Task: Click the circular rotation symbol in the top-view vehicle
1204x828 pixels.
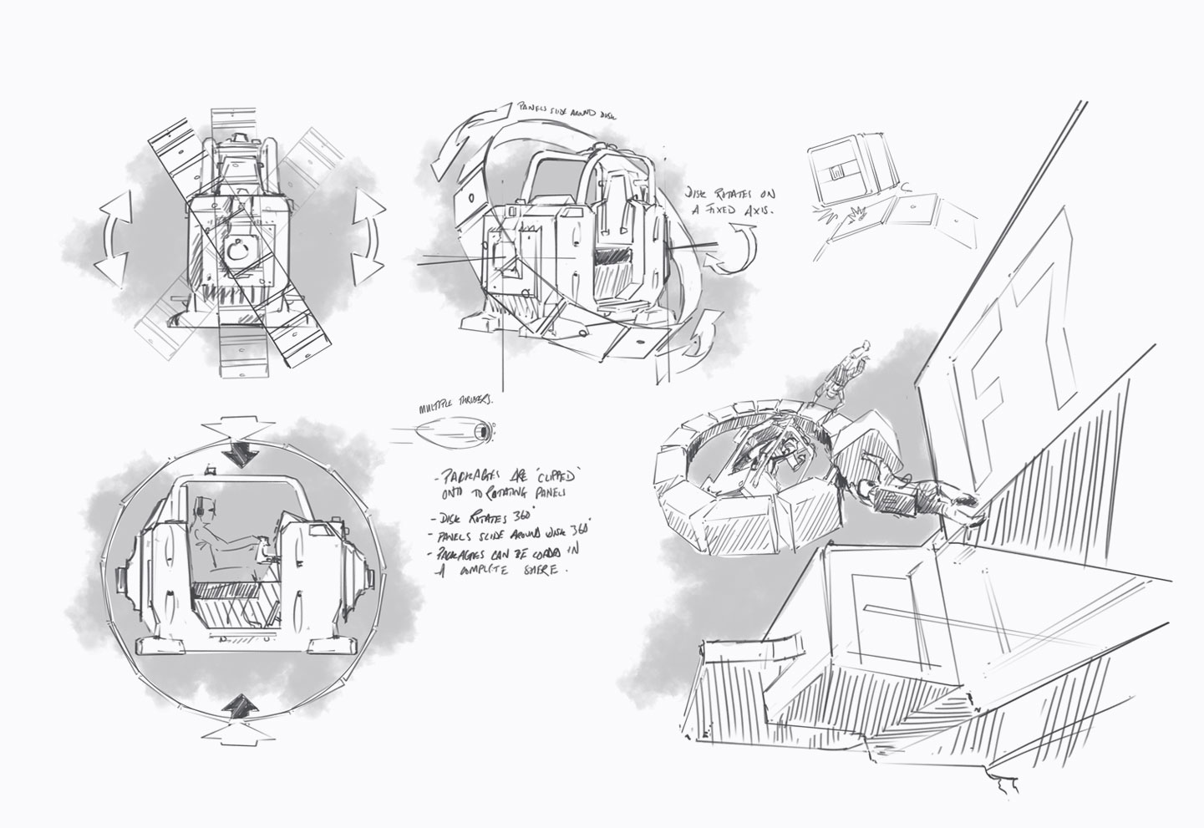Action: click(236, 251)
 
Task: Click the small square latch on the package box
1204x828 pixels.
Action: click(840, 173)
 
